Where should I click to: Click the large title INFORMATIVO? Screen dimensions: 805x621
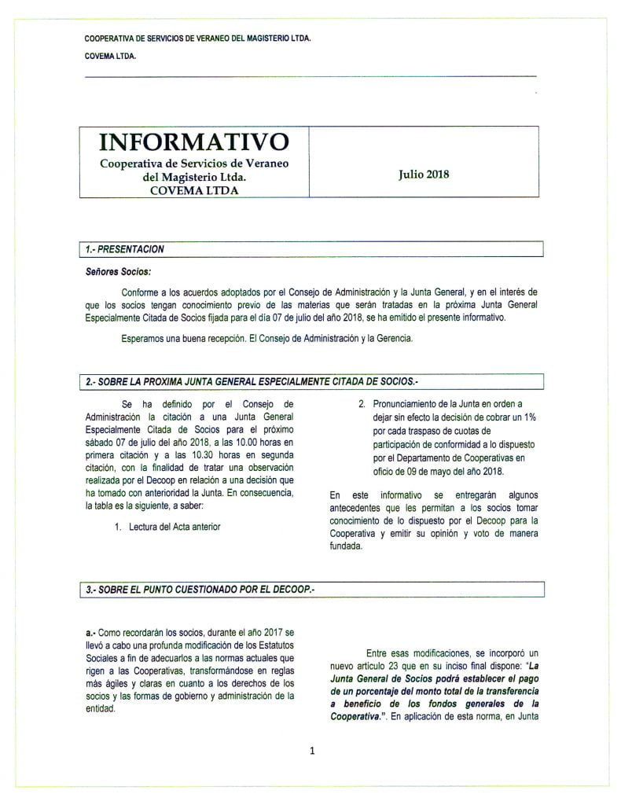(x=193, y=142)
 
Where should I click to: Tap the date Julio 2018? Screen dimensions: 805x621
(x=424, y=175)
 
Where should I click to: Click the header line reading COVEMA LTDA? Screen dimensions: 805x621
(x=110, y=56)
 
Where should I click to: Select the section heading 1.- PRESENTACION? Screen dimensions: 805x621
(x=125, y=249)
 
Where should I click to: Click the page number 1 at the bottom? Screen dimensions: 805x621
(x=312, y=751)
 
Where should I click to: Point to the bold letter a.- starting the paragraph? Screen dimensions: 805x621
(x=91, y=632)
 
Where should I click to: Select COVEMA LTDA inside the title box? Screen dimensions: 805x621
(x=193, y=189)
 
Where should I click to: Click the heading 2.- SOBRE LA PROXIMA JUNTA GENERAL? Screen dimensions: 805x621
(x=252, y=381)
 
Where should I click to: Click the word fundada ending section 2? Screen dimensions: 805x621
(x=347, y=547)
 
